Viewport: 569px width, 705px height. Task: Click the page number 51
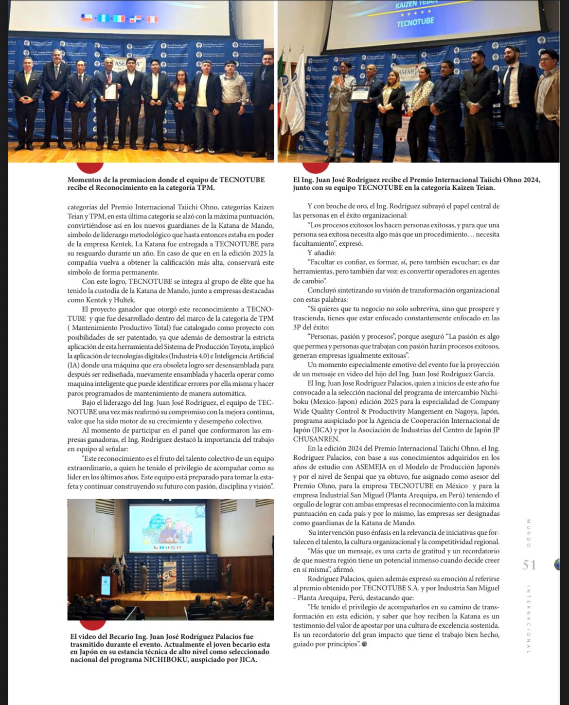click(x=529, y=565)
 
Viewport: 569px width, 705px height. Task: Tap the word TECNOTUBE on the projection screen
click(x=415, y=22)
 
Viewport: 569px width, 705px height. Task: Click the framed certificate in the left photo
click(x=110, y=91)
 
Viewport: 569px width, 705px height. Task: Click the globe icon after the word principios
click(x=365, y=644)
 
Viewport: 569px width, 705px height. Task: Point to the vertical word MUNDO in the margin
click(x=529, y=533)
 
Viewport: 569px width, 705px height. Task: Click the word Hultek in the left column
click(x=124, y=300)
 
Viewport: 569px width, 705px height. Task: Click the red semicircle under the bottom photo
click(x=92, y=624)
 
